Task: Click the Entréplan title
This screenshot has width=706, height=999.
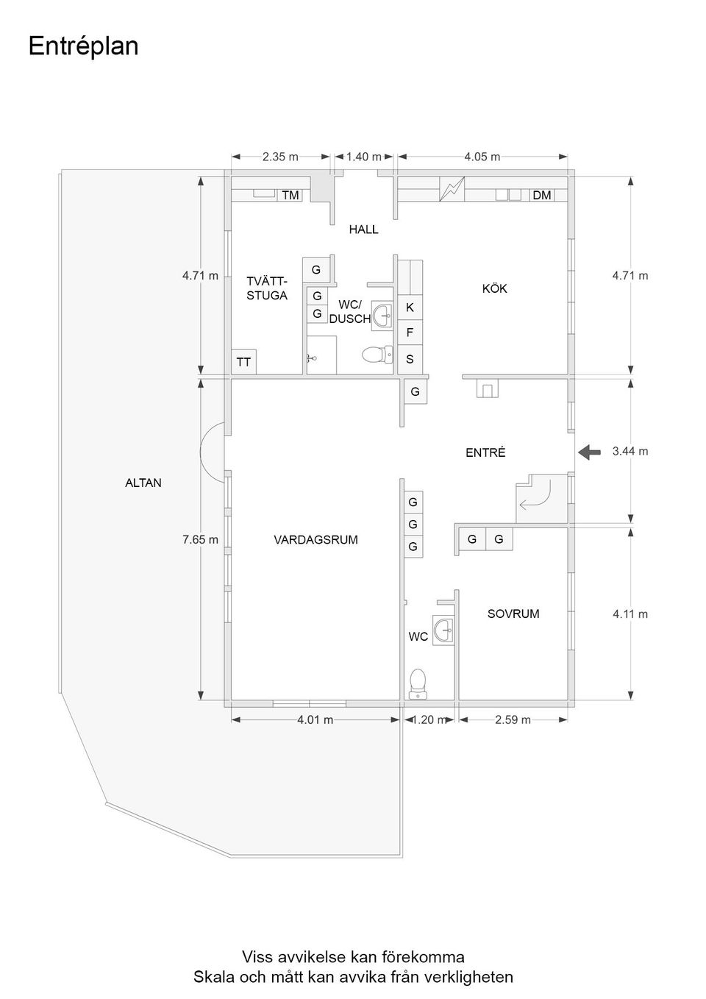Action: pyautogui.click(x=83, y=46)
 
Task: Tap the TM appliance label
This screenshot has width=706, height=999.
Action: pyautogui.click(x=290, y=195)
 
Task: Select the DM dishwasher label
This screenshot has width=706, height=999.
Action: pyautogui.click(x=542, y=195)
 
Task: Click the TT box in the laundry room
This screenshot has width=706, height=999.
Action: pyautogui.click(x=243, y=362)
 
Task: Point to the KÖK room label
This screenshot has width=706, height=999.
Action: pyautogui.click(x=494, y=288)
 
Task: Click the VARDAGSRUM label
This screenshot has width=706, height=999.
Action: pyautogui.click(x=315, y=540)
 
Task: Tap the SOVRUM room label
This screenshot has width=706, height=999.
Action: pyautogui.click(x=513, y=614)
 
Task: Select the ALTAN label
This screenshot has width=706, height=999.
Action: pyautogui.click(x=143, y=483)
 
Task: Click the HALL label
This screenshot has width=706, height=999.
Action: pyautogui.click(x=363, y=230)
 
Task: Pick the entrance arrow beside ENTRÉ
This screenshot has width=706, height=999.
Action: pyautogui.click(x=589, y=452)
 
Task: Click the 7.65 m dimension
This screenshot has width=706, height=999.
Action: pyautogui.click(x=200, y=540)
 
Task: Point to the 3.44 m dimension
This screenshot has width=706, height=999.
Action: pyautogui.click(x=630, y=451)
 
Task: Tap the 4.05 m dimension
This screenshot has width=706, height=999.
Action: pyautogui.click(x=482, y=157)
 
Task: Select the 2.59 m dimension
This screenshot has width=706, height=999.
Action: pyautogui.click(x=513, y=719)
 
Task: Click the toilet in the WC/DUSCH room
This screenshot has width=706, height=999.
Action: pyautogui.click(x=377, y=355)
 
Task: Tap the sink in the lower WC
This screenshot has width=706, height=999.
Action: pyautogui.click(x=443, y=630)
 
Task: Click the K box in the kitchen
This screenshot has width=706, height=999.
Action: pyautogui.click(x=410, y=307)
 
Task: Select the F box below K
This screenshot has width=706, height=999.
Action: pyautogui.click(x=410, y=333)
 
